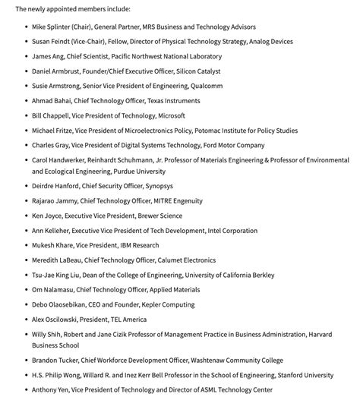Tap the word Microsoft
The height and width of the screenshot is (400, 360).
(166, 115)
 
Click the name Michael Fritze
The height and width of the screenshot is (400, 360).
(52, 131)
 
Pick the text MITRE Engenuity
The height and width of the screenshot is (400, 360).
(174, 201)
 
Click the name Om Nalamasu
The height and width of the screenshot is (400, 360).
(53, 290)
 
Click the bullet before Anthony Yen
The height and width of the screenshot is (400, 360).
(24, 390)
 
